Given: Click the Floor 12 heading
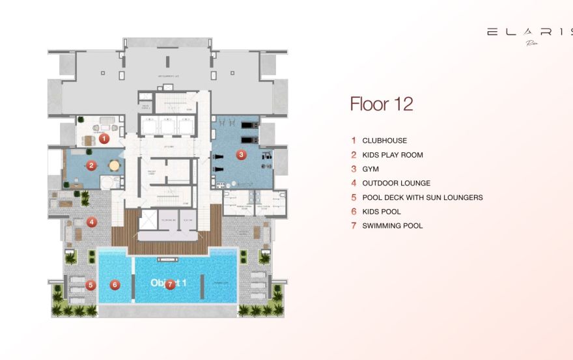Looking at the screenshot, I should (381, 104).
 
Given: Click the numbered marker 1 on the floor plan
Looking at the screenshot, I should (104, 138).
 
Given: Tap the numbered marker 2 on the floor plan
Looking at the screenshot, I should (92, 165).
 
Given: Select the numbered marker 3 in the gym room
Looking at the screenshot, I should (241, 154).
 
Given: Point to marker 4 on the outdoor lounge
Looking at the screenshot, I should (92, 221).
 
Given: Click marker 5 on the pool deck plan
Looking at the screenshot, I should (91, 284).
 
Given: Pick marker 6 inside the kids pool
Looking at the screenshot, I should (115, 284).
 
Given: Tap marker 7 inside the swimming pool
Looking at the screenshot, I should (170, 284).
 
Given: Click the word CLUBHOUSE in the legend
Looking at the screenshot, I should (384, 141).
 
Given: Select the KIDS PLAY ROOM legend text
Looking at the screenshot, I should (393, 155).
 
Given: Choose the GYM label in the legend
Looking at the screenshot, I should (370, 169).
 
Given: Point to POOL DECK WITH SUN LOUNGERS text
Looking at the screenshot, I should (423, 198).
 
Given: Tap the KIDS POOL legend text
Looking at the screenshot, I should (382, 212).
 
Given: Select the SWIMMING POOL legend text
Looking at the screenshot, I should (393, 226).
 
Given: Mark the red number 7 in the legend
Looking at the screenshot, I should (354, 226).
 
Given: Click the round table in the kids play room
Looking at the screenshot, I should (115, 165).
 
